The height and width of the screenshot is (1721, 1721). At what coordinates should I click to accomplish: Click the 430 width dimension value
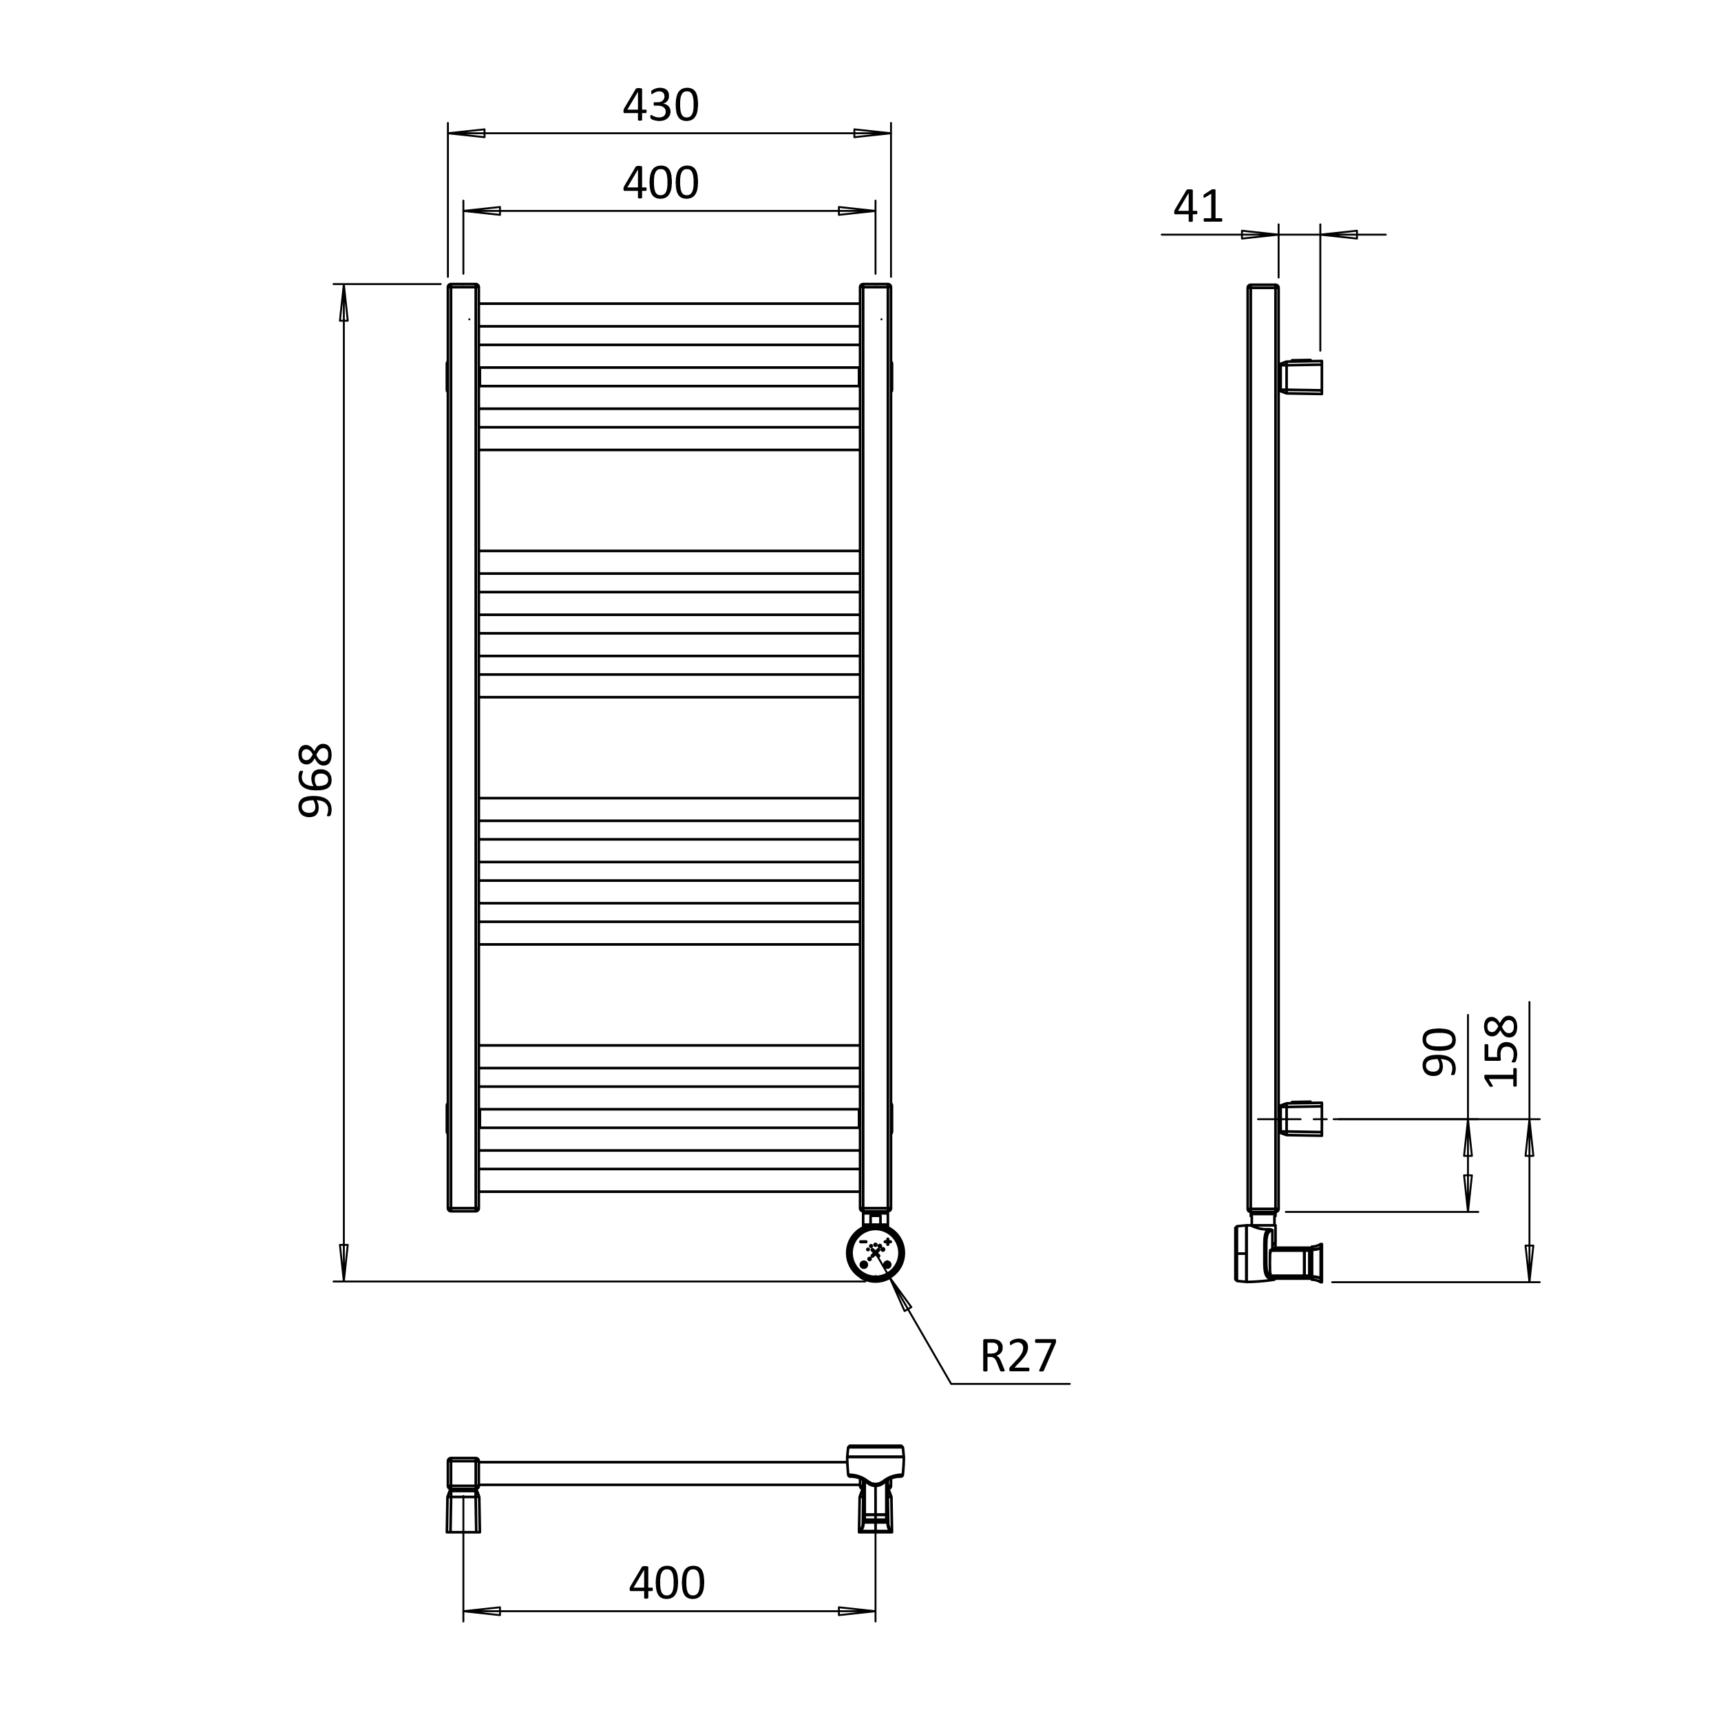tap(660, 105)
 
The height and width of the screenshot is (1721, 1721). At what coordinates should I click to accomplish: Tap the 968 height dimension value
tap(315, 781)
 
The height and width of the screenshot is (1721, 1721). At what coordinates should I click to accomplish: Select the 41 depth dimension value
tap(1197, 207)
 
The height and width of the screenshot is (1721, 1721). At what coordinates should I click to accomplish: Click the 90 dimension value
tap(1439, 1052)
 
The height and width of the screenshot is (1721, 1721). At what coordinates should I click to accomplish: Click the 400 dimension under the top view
tap(666, 1583)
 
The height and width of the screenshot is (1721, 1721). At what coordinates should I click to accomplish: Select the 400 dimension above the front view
tap(660, 182)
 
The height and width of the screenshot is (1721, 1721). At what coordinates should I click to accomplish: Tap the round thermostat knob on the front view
tap(875, 1252)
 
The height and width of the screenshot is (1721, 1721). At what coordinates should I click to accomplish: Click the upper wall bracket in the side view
tap(1302, 377)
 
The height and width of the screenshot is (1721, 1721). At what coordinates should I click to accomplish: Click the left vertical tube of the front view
tap(463, 748)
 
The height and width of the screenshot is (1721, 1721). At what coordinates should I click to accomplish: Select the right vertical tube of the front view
tap(875, 748)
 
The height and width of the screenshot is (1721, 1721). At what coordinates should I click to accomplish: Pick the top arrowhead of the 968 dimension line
tap(344, 303)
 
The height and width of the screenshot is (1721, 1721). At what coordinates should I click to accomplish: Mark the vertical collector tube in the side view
tap(1263, 748)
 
